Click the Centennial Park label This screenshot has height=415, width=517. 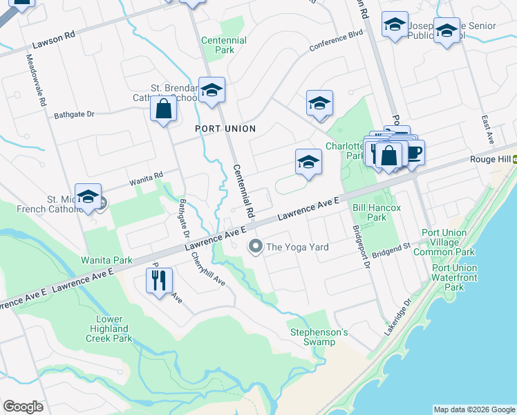pos(224,45)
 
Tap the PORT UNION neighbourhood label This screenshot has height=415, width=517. pos(225,129)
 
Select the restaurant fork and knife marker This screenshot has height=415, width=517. pos(160,280)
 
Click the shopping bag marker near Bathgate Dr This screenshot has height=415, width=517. pos(163,110)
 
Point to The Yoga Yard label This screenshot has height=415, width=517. pos(297,246)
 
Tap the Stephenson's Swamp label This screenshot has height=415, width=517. pos(318,337)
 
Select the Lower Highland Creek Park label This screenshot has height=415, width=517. pos(109,329)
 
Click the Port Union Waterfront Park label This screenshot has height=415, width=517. pos(454,277)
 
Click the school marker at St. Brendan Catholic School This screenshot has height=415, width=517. pos(211,90)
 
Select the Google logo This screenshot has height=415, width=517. pos(23,407)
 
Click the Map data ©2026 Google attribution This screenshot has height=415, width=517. pos(474,409)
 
